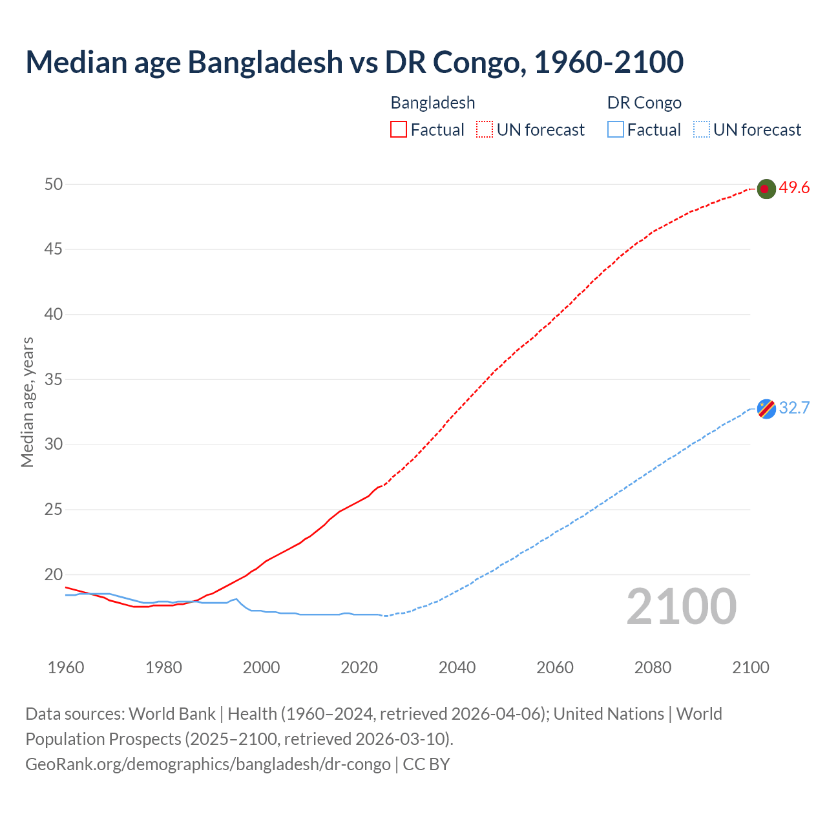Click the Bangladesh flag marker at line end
pos(766,189)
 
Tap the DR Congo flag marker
pos(766,409)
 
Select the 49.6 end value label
pos(794,188)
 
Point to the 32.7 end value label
pos(794,408)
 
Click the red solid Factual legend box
pos(399,130)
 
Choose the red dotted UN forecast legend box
pos(485,130)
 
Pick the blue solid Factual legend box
pos(616,130)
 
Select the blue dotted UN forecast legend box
pos(702,130)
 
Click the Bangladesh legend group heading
pos(433,103)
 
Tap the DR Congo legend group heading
pos(644,103)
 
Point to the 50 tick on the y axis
pos(54,184)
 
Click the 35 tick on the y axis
pos(54,379)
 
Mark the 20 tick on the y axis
pos(54,574)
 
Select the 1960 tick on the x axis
pos(66,667)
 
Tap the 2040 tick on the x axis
pos(457,667)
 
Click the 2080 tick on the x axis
pos(653,667)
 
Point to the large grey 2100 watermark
pos(681,607)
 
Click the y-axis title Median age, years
pos(27,402)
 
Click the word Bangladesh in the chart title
pos(265,63)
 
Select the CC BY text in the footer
pos(426,764)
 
